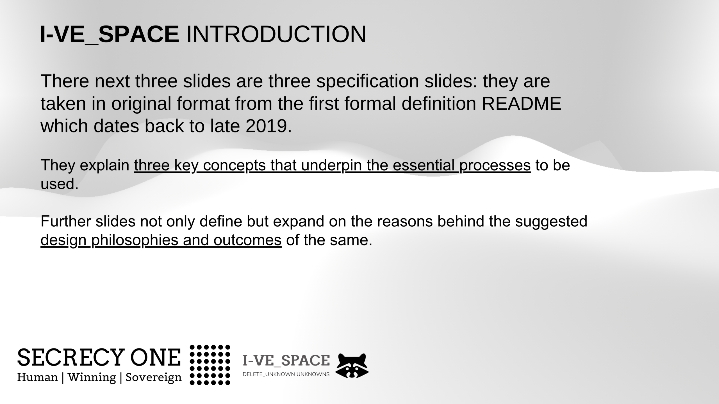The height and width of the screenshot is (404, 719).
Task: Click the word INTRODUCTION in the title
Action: point(276,34)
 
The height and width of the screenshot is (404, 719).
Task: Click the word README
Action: point(522,104)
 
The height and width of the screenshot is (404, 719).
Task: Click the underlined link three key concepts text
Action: point(332,165)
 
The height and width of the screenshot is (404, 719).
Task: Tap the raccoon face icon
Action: point(352,366)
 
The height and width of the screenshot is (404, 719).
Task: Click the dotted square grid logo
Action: point(210,365)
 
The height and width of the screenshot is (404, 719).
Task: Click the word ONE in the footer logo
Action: point(155,357)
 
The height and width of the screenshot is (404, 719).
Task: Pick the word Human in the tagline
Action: point(38,377)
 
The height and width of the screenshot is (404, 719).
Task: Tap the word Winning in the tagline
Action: point(92,378)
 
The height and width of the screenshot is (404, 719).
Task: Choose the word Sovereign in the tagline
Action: point(154,378)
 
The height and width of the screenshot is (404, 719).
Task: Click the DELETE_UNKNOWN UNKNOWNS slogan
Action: point(286,374)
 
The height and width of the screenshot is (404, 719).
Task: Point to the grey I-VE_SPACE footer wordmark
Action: point(286,361)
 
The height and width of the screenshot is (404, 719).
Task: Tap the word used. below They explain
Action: point(60,184)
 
